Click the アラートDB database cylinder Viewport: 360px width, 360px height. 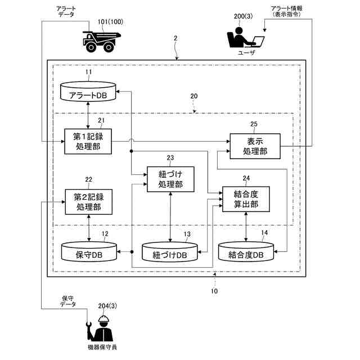point(88,91)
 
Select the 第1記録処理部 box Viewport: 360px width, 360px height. point(88,141)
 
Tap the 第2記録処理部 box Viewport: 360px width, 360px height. point(89,202)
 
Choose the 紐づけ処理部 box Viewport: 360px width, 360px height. point(170,179)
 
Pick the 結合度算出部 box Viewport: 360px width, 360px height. point(246,199)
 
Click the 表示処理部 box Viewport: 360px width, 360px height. point(255,146)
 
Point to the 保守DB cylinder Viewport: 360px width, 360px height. point(89,251)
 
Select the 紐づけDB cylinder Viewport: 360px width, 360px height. point(170,252)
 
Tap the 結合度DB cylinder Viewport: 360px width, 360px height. point(246,252)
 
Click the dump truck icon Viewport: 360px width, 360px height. point(101,42)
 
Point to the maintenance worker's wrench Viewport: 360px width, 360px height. point(89,331)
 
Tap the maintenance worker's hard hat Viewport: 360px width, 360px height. point(103,319)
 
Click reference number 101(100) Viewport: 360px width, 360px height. point(110,22)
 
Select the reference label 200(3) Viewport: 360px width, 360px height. point(243,16)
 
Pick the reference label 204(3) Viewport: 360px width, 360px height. point(107,306)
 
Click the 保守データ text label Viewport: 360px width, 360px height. point(67,301)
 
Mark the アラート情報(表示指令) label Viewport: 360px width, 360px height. point(286,11)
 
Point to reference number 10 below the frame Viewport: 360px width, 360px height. point(214,291)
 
